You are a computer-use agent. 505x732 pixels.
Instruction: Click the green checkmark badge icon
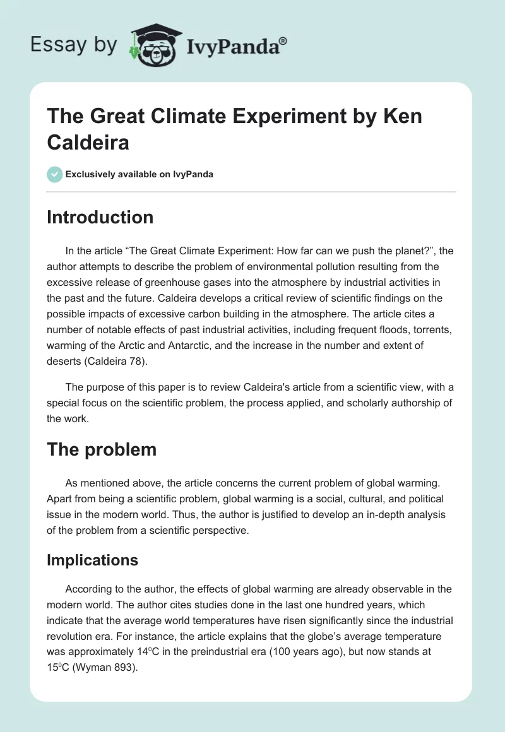55,174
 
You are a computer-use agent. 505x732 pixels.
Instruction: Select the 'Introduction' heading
100,217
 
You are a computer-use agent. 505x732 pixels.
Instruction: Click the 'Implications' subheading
92,560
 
